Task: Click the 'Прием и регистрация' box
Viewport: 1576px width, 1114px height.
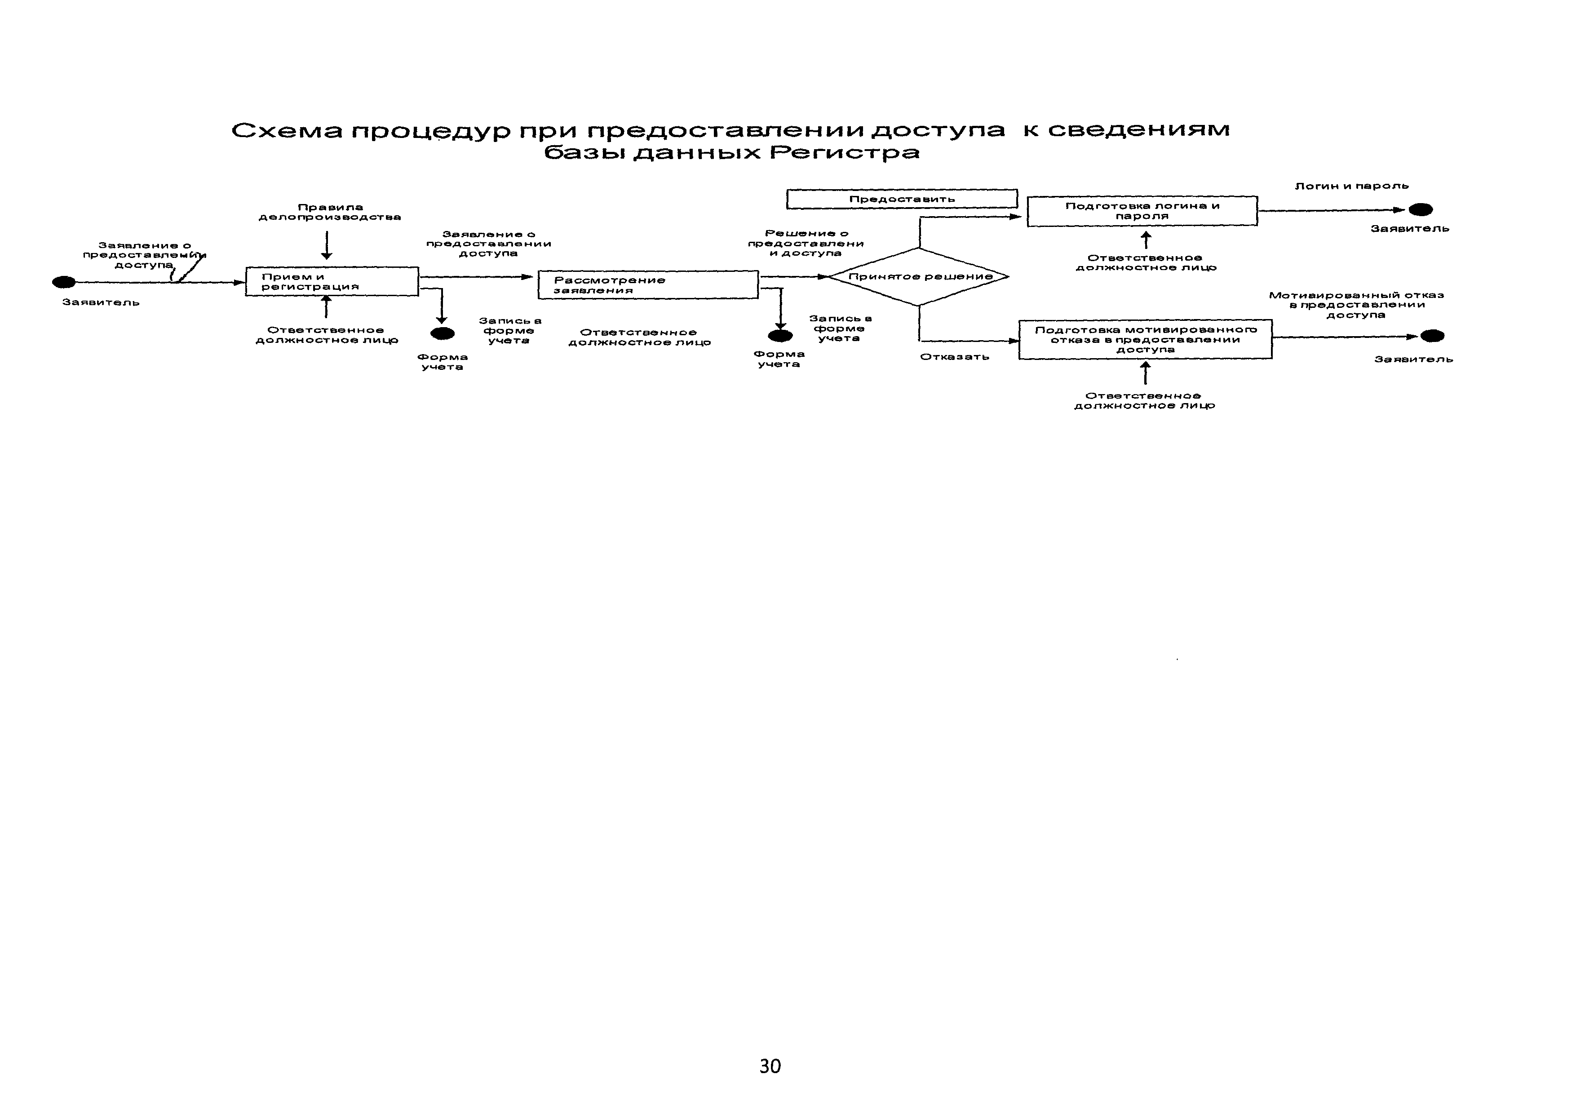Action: [332, 281]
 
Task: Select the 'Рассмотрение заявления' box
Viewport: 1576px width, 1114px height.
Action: [647, 285]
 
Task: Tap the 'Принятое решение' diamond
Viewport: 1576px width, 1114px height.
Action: [919, 277]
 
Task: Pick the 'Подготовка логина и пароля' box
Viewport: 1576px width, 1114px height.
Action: [1142, 211]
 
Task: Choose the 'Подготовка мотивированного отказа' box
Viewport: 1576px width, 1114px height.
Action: [1144, 339]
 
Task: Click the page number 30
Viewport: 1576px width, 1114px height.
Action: [770, 1066]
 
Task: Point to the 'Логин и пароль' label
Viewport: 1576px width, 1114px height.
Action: [1351, 186]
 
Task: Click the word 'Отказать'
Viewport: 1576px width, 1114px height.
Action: [954, 357]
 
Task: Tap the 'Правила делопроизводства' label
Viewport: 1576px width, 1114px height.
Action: [329, 212]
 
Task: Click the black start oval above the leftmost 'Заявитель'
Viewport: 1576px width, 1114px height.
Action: [64, 282]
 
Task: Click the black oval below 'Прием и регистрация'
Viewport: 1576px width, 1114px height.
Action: [442, 333]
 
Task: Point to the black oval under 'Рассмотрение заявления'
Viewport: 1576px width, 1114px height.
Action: [780, 336]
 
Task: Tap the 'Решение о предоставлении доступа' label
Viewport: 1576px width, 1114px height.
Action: [806, 244]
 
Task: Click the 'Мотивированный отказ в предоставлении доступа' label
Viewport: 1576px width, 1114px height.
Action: [1356, 305]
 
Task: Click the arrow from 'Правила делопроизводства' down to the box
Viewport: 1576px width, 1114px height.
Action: [327, 245]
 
